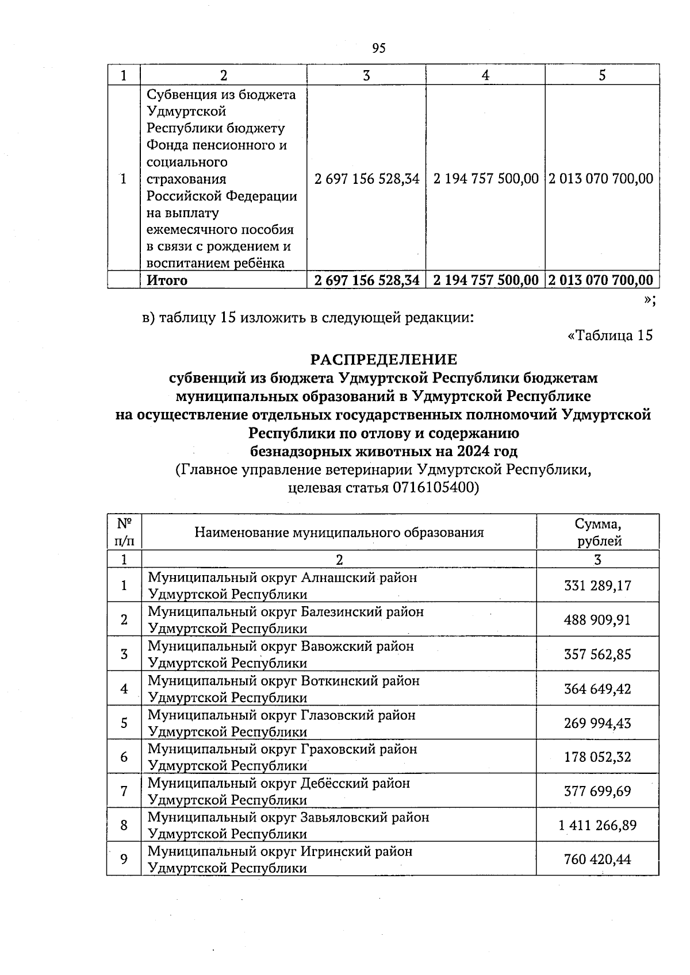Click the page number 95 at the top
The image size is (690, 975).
tap(378, 48)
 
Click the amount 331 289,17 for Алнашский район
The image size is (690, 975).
tap(597, 585)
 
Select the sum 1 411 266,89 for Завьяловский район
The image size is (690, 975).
tap(597, 825)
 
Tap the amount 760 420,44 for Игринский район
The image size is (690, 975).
tap(597, 859)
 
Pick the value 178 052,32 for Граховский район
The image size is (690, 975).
tap(597, 757)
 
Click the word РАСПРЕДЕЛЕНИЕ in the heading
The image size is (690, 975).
tap(384, 360)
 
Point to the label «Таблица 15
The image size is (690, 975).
tap(610, 336)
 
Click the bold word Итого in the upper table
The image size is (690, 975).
tap(167, 280)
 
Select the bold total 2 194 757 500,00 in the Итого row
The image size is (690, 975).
tap(486, 280)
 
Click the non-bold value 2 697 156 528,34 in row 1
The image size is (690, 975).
tap(367, 179)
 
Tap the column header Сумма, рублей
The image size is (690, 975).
tap(597, 532)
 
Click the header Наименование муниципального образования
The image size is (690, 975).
tap(339, 532)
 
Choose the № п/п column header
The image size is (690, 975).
tap(124, 532)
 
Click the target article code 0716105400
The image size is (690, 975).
tap(434, 488)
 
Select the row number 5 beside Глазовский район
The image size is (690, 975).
tap(124, 723)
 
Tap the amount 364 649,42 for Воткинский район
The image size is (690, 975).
tap(597, 688)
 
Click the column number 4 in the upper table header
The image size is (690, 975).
tap(486, 75)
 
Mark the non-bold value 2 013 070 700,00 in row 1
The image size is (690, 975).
tap(601, 179)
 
